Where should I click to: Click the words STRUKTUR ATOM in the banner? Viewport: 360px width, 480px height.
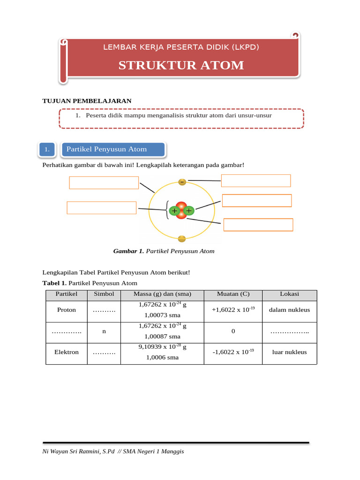pos(181,65)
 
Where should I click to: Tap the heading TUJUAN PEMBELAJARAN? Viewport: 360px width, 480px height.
pos(87,101)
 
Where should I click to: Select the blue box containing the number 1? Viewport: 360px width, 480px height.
pos(47,150)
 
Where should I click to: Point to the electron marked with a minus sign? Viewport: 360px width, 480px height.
pos(182,181)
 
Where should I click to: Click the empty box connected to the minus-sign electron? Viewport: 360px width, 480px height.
pos(255,180)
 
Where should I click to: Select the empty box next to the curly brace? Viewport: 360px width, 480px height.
pos(101,208)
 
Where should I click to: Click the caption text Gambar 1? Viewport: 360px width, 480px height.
pos(128,251)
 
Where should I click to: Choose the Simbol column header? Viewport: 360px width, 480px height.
pos(104,294)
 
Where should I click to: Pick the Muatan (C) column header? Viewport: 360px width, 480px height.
pos(233,294)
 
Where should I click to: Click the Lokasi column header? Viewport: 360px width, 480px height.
pos(289,294)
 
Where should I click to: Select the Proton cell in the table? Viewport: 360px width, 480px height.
pos(67,310)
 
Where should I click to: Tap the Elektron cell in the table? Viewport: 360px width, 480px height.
pos(67,352)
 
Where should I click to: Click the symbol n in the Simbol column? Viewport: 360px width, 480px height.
pos(104,331)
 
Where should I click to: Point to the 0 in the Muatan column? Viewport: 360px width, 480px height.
pos(233,331)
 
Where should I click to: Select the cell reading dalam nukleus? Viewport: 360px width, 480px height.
pos(289,310)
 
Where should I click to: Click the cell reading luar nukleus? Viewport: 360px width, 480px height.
pos(289,352)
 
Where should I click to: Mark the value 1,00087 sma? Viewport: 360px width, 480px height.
pos(163,337)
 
